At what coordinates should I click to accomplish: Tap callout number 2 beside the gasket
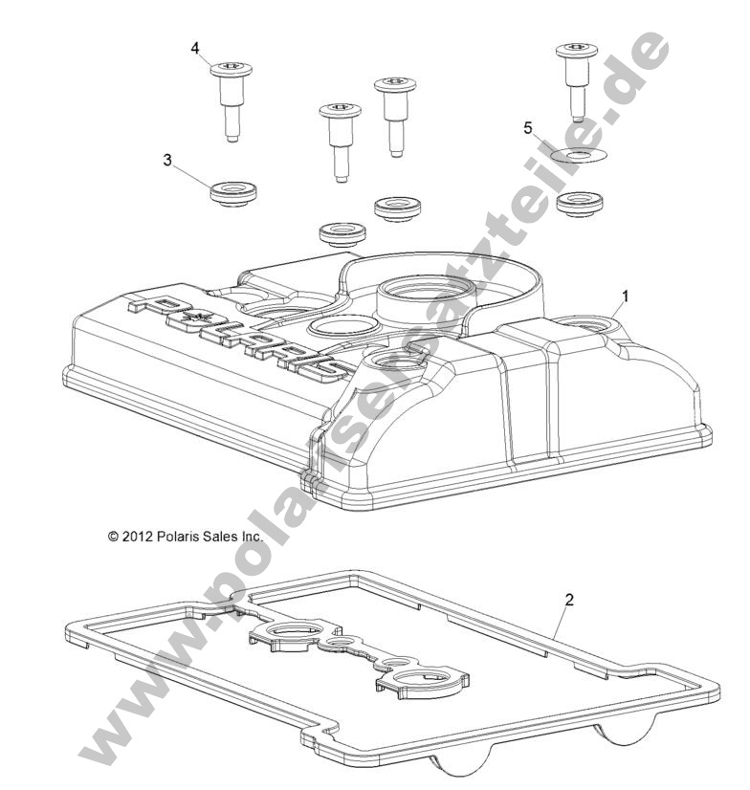click(x=569, y=601)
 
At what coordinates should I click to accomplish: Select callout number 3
click(x=168, y=161)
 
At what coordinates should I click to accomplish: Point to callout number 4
click(x=196, y=47)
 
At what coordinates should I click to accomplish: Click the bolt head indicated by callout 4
click(x=227, y=68)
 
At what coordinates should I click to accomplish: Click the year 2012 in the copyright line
click(x=140, y=538)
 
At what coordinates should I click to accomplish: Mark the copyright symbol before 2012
click(x=114, y=538)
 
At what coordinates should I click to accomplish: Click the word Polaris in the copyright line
click(x=181, y=538)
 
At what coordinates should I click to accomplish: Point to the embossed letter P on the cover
click(x=142, y=305)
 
